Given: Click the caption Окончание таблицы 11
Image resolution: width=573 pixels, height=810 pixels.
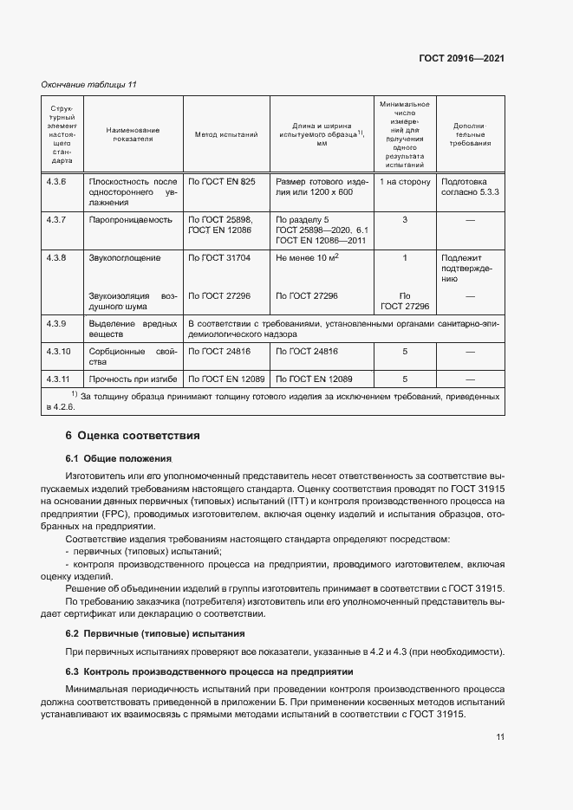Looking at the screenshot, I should [89, 84].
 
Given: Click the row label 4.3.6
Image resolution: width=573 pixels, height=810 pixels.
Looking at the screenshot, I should [56, 181].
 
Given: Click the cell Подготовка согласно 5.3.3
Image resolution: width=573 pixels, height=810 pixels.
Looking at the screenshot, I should [471, 186].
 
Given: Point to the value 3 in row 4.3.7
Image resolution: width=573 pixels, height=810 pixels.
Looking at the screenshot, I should [404, 221].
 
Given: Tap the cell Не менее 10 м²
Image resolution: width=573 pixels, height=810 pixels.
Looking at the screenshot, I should [307, 258].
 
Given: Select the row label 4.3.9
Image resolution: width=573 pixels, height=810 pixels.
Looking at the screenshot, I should [56, 323].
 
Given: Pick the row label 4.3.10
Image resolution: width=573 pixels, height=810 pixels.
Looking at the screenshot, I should [58, 352].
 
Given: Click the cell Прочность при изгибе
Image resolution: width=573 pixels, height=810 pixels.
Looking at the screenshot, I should [133, 379].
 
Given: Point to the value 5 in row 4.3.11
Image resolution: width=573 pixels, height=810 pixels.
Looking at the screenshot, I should [404, 379].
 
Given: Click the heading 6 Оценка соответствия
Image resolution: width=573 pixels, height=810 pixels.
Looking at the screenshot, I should [133, 435].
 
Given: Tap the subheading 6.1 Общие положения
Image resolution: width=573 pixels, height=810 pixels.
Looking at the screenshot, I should [119, 457].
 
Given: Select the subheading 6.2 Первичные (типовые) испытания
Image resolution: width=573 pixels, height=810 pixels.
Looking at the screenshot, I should [155, 633].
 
